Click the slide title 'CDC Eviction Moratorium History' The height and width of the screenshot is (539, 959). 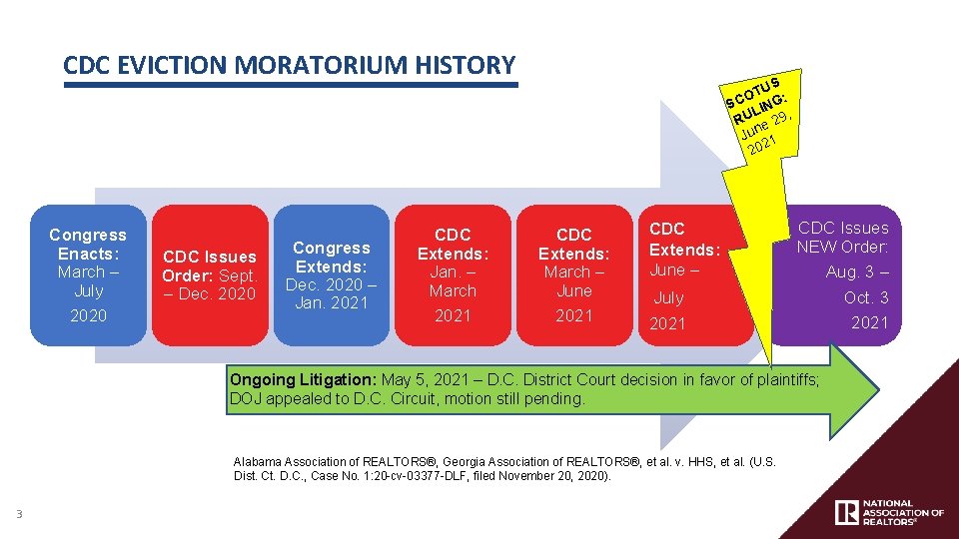(x=289, y=66)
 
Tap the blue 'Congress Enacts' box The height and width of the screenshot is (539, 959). (x=88, y=274)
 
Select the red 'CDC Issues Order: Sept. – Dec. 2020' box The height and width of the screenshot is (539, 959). (x=209, y=274)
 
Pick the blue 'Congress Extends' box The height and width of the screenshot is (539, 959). (x=331, y=274)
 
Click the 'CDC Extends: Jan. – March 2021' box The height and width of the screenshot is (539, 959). (x=453, y=274)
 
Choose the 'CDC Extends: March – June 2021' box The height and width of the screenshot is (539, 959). (x=573, y=274)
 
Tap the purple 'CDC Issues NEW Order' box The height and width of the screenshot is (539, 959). (x=844, y=274)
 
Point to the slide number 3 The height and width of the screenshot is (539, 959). (x=19, y=514)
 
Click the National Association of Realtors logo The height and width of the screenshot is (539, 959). (x=888, y=512)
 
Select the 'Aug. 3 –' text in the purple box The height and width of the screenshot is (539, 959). (x=856, y=272)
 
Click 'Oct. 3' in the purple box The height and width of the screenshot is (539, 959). (x=865, y=297)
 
